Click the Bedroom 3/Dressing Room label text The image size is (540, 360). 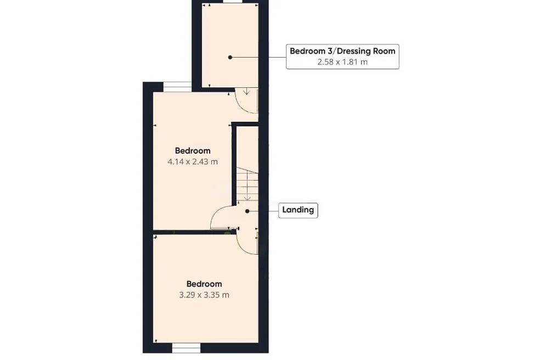tap(342, 51)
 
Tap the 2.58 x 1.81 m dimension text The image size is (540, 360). tap(342, 62)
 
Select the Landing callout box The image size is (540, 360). tap(298, 210)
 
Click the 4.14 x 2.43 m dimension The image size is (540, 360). tap(193, 161)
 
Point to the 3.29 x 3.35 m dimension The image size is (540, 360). tap(204, 295)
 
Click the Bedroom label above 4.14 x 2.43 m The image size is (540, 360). tap(193, 150)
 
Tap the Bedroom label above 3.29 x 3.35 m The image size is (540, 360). tap(204, 284)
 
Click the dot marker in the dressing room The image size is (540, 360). tap(230, 57)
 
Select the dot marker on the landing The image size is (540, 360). tap(247, 211)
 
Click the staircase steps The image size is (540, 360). tap(248, 184)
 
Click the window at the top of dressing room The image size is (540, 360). tap(233, 2)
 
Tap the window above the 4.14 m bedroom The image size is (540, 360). tap(177, 87)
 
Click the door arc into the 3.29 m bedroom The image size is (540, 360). tap(242, 249)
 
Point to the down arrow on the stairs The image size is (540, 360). tap(247, 198)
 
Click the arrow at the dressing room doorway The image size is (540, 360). tap(246, 91)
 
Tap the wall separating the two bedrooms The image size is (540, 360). tap(195, 232)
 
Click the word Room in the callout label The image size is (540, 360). tap(384, 51)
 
